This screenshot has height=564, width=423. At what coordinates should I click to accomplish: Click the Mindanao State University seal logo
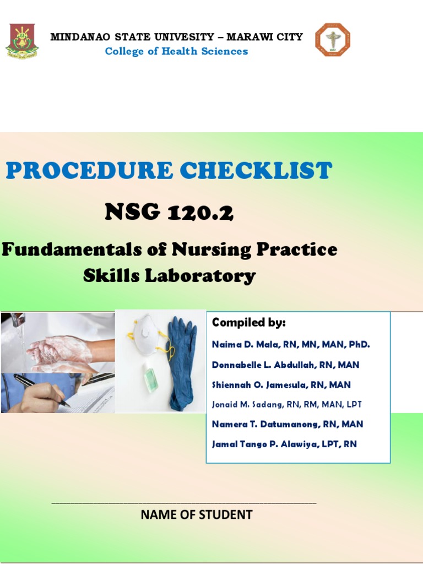pyautogui.click(x=22, y=41)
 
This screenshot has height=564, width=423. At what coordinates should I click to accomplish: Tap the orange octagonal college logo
pyautogui.click(x=333, y=40)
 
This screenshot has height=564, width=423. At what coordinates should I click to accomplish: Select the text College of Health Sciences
pyautogui.click(x=176, y=51)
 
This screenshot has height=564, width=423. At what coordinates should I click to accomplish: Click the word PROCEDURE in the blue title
pyautogui.click(x=89, y=170)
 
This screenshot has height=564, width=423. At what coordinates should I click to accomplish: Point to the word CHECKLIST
pyautogui.click(x=256, y=170)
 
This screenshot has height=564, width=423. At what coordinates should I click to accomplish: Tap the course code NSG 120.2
pyautogui.click(x=169, y=211)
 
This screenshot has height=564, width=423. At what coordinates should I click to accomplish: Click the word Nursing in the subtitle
pyautogui.click(x=211, y=250)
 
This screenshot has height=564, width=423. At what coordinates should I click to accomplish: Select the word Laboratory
pyautogui.click(x=200, y=276)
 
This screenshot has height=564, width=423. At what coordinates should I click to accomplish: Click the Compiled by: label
pyautogui.click(x=248, y=322)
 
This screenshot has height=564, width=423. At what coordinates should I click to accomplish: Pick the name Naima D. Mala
pyautogui.click(x=243, y=344)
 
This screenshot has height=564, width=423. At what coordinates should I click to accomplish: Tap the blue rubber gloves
pyautogui.click(x=182, y=364)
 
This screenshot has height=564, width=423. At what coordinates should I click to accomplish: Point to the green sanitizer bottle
pyautogui.click(x=150, y=377)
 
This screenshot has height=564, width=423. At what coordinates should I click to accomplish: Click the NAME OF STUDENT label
pyautogui.click(x=197, y=515)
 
